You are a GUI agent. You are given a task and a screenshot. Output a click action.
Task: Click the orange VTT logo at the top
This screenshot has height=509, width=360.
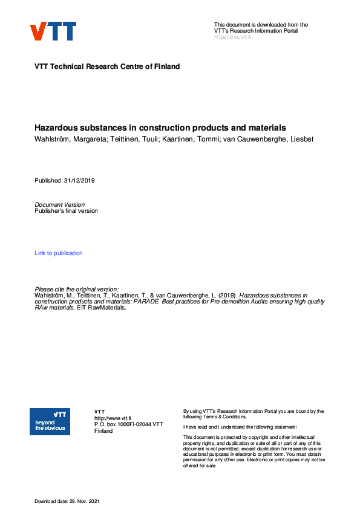coord(53,31)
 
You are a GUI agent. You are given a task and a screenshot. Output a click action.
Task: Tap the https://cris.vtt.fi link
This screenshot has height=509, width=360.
coord(232,37)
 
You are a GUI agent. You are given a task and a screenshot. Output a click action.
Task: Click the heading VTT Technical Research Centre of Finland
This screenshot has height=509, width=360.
coord(107,66)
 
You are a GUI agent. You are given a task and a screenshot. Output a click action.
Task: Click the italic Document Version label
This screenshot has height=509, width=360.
coord(60,205)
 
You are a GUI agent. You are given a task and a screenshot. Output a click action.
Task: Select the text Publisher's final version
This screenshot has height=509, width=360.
coord(66,211)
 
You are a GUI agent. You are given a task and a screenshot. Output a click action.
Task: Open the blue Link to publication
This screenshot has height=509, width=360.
coord(59,253)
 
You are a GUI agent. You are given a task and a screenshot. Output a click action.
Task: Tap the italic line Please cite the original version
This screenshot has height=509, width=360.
coord(77,290)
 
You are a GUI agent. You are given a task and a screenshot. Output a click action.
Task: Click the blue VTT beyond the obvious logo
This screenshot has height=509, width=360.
coord(50,421)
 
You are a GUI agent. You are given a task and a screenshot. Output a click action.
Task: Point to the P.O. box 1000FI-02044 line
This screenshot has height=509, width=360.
coord(128,424)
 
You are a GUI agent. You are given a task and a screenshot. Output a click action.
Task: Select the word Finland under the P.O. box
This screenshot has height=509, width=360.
coord(103,431)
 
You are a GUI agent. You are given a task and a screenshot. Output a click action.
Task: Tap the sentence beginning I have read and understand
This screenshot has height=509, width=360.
coord(240,427)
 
